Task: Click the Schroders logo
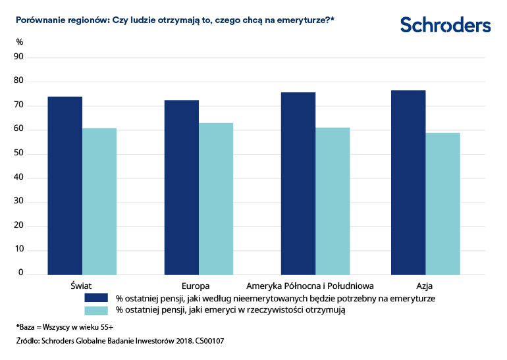(x=445, y=25)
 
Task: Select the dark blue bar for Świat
(x=65, y=186)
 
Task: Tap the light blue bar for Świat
(x=99, y=201)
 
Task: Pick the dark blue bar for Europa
(x=182, y=188)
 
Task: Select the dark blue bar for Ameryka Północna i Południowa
(x=298, y=184)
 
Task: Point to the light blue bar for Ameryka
(x=333, y=201)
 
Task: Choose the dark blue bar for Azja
(x=408, y=182)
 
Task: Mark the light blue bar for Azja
(x=442, y=203)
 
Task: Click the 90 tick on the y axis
(x=19, y=57)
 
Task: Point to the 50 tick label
(x=19, y=154)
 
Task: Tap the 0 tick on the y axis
(x=21, y=273)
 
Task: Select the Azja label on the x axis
(x=425, y=286)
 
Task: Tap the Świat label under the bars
(x=82, y=286)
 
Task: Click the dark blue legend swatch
(x=95, y=297)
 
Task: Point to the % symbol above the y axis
(x=20, y=42)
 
